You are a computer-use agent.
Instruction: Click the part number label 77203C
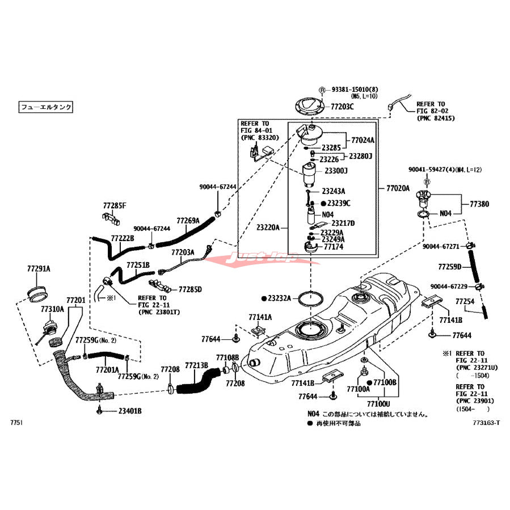pos(343,107)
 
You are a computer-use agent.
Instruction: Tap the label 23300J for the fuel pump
pos(336,170)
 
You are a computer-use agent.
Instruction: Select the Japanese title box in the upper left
pos(47,106)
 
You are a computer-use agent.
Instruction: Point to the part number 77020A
pos(398,188)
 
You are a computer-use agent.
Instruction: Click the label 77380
pos(479,203)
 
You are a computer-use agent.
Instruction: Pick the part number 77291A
pos(39,269)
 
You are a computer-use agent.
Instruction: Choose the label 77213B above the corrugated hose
pos(197,365)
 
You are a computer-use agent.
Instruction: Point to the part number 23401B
pos(130,411)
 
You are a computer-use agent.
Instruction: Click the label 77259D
pos(450,266)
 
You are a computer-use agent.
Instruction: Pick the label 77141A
pos(260,317)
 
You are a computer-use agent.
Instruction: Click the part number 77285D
pos(190,289)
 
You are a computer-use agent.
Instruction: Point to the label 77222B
pos(122,238)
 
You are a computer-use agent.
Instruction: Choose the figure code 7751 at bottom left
pos(18,423)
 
